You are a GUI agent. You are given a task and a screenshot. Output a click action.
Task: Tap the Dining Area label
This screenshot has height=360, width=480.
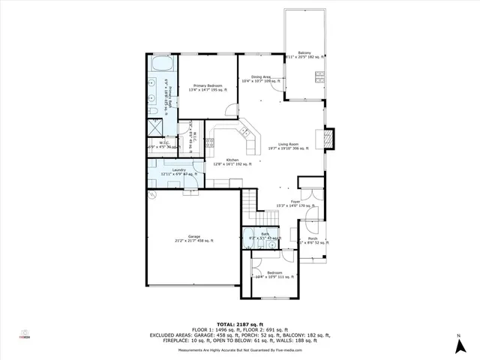point(260,76)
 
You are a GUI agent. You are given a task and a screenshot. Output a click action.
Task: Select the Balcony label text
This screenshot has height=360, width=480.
point(304,52)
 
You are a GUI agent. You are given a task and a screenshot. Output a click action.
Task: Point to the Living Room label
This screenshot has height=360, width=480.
point(289,143)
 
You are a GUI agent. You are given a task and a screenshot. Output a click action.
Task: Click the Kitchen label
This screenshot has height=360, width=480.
point(231,159)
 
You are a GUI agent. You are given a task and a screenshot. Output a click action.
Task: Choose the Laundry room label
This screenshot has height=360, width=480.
point(178,170)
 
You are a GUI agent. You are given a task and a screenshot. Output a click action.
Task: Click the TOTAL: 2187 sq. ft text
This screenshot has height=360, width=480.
point(239,324)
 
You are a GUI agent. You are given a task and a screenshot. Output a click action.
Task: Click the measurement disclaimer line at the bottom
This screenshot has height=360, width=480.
point(239,350)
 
